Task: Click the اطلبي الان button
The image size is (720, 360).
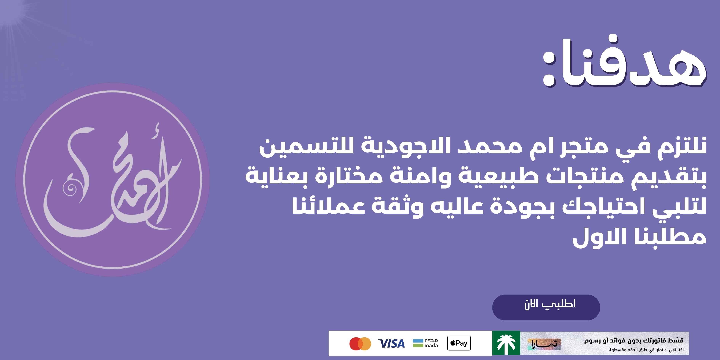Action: pos(546,307)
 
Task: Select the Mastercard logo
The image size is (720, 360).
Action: pos(360,343)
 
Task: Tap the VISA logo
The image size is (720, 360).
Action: pos(391,343)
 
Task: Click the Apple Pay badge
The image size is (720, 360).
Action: pos(459,343)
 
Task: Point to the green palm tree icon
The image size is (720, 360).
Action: pos(506,343)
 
